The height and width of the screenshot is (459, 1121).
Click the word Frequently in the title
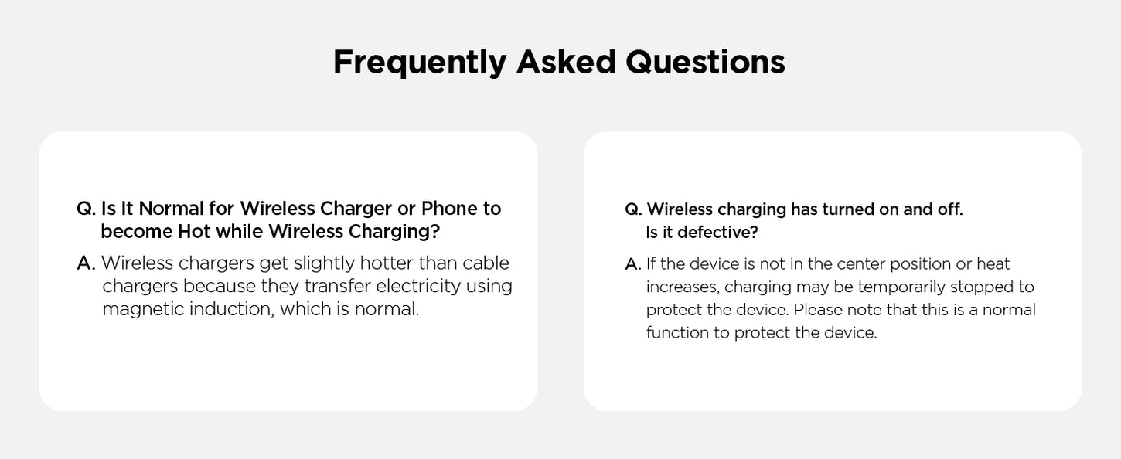420,63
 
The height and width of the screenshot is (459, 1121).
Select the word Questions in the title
705,63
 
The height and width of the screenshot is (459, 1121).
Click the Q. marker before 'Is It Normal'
86,209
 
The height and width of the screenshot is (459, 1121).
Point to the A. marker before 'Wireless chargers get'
86,263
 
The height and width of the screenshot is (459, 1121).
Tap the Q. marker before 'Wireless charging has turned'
633,209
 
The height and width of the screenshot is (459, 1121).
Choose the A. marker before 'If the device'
633,264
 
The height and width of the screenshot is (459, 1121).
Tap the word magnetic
142,310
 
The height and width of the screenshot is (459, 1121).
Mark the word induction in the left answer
232,310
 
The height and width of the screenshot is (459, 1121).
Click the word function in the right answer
677,333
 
